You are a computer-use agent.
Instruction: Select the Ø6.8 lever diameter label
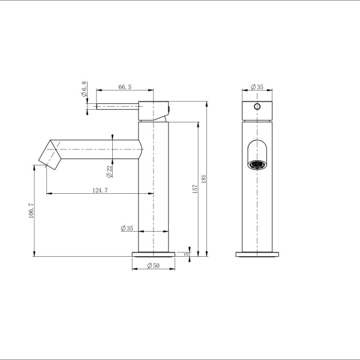[85, 92]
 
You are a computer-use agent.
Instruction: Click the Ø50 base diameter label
[153, 266]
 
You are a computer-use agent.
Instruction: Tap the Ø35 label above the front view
[257, 87]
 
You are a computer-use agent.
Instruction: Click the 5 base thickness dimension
[187, 253]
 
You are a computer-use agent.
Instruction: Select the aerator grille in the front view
[257, 164]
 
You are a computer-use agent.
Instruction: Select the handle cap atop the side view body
[154, 110]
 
